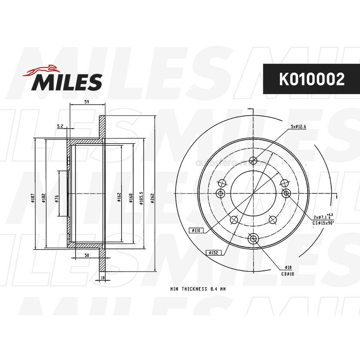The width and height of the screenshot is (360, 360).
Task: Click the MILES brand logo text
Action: click(67, 82)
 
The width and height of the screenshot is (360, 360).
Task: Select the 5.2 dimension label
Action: click(60, 126)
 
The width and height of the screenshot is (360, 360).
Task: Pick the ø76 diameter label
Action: click(56, 199)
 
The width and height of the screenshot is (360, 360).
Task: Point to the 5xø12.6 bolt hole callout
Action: click(298, 127)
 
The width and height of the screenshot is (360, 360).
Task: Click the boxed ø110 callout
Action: click(196, 230)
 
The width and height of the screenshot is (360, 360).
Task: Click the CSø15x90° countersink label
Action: click(324, 222)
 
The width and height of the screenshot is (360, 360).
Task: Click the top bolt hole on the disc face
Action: click(253, 161)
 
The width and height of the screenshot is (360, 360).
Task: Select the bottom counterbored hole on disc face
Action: click(253, 239)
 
